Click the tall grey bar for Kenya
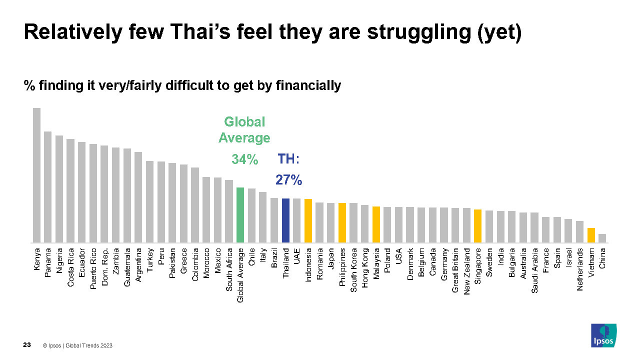tap(36, 175)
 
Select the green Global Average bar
tap(240, 215)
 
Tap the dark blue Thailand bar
tap(285, 220)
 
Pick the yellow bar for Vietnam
tap(591, 235)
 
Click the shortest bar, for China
tap(602, 238)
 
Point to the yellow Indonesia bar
tap(308, 221)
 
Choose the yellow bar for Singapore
tap(477, 226)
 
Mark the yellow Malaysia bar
tap(376, 224)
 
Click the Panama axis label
tap(47, 262)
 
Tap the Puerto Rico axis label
tap(93, 268)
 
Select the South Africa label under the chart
tap(229, 269)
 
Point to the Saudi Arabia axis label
tap(534, 270)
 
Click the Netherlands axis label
tap(579, 269)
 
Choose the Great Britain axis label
tap(455, 270)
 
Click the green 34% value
tap(245, 159)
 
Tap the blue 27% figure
tap(288, 180)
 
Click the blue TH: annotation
tap(288, 159)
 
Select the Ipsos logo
tap(603, 335)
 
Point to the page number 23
tap(27, 345)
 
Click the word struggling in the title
tap(419, 32)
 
